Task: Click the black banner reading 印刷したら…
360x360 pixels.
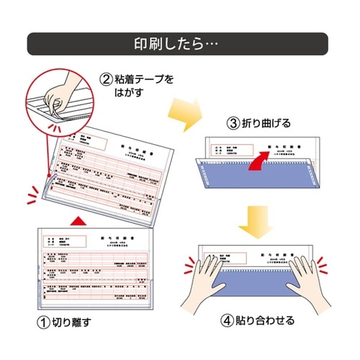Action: coord(179,42)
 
